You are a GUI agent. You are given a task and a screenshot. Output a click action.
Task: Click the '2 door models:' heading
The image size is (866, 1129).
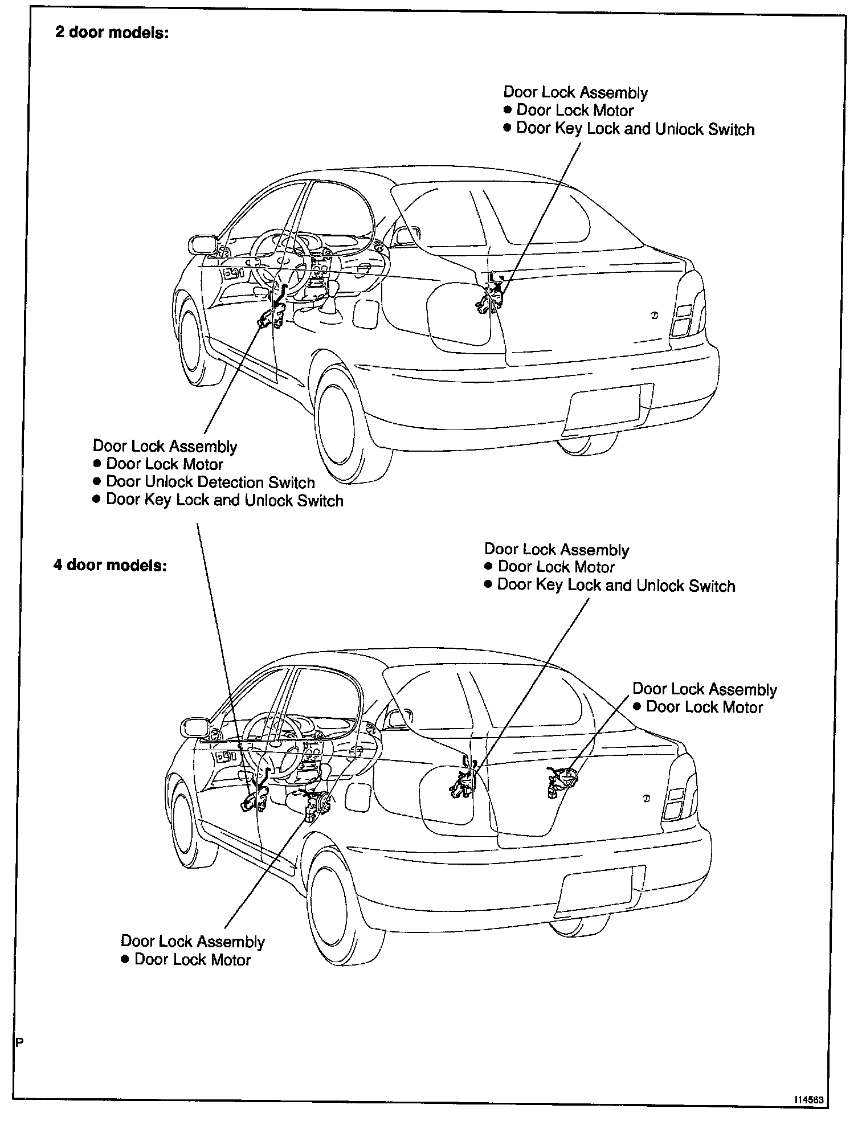tap(112, 32)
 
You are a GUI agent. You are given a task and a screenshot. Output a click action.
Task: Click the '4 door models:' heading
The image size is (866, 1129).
tap(110, 566)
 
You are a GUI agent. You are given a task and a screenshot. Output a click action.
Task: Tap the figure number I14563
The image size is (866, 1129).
tap(810, 1101)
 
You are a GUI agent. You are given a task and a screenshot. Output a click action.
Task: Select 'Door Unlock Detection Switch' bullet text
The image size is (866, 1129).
tap(210, 482)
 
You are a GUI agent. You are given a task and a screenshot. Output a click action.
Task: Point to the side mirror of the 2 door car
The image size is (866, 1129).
tap(202, 244)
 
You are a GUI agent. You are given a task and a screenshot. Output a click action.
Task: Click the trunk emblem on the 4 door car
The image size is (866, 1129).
tap(646, 799)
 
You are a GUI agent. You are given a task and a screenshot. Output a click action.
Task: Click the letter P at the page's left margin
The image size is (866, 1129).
tap(19, 1043)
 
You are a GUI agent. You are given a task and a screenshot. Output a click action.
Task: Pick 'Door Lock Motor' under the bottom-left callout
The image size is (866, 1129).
tap(193, 960)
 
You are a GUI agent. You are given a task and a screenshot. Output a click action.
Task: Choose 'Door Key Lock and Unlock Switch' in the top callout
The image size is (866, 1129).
tap(635, 129)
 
